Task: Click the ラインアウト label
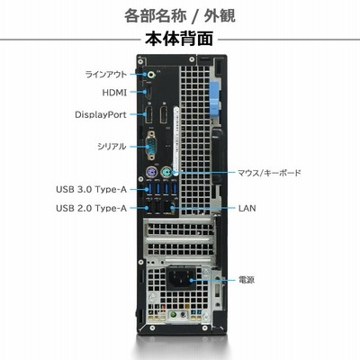106,74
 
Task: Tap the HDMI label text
114,93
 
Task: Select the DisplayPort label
101,114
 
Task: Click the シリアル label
112,147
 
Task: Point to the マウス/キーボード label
269,173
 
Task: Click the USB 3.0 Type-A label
92,190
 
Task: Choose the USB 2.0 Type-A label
92,208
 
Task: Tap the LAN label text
247,208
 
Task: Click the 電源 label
247,280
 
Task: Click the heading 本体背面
179,39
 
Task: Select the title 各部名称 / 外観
180,15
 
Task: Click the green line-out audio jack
151,75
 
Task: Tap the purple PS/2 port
152,173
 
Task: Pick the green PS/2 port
166,173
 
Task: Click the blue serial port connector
151,146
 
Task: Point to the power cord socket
181,279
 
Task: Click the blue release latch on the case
215,98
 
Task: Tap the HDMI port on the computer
148,93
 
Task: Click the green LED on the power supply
173,315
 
